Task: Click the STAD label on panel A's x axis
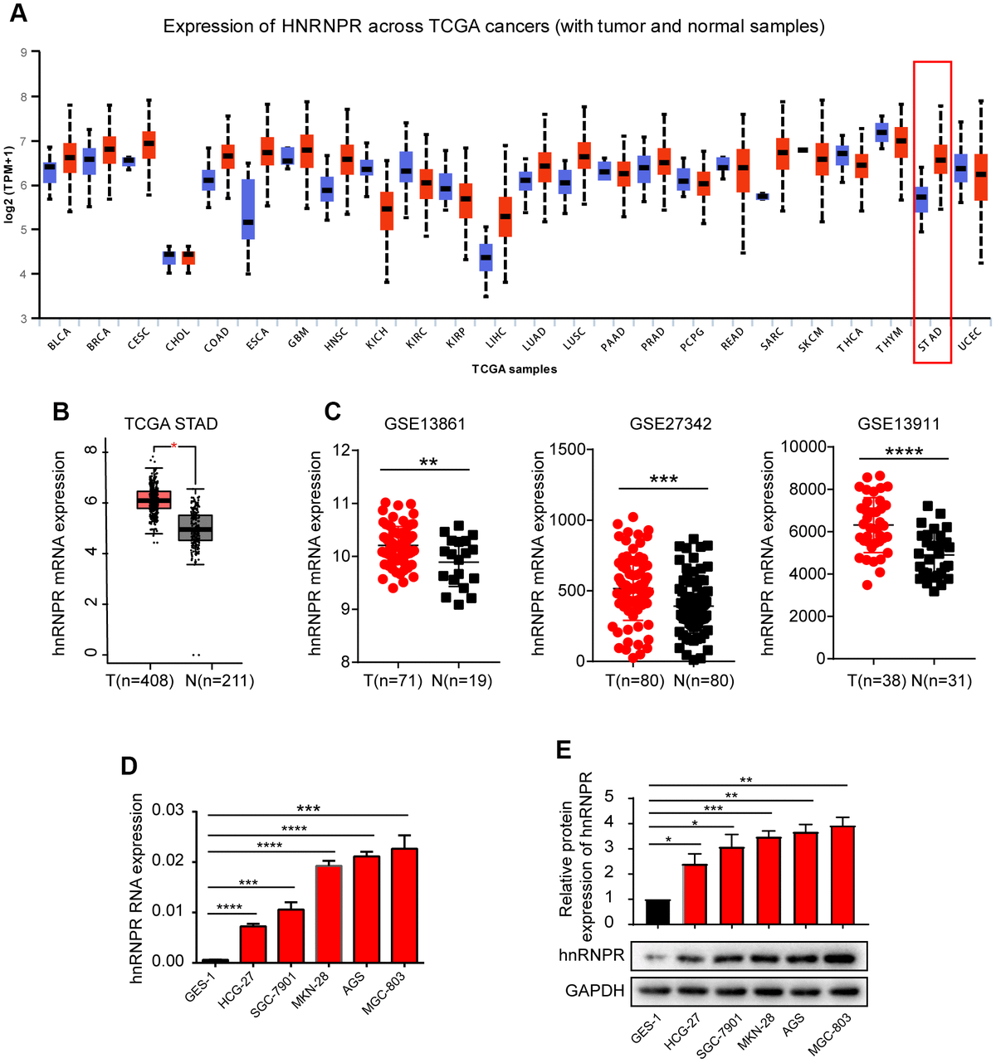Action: (x=930, y=339)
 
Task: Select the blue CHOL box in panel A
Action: (x=168, y=257)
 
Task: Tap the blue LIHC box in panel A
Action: (x=486, y=257)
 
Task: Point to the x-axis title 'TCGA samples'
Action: (x=515, y=368)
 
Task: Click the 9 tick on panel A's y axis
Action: (x=23, y=52)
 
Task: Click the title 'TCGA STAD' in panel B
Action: (x=171, y=424)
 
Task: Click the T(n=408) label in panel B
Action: (x=140, y=681)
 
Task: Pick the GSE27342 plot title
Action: (x=670, y=424)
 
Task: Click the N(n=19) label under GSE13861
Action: (x=461, y=681)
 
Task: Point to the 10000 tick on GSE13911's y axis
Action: (x=804, y=447)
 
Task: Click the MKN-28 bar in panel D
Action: (x=329, y=914)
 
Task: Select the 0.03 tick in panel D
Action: (x=169, y=810)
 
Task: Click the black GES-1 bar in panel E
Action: (x=657, y=911)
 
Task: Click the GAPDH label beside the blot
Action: (x=594, y=991)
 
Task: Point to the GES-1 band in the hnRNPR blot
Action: (x=657, y=957)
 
